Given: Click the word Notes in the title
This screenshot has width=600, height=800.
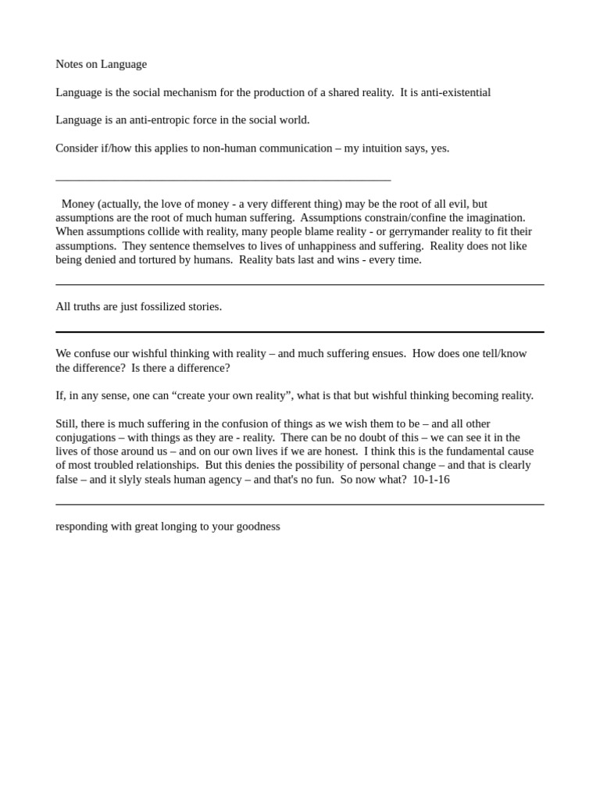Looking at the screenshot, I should coord(70,64).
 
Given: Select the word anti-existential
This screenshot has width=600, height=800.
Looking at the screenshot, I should coord(456,92).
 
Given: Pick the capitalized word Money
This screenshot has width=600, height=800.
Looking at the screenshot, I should coord(78,204).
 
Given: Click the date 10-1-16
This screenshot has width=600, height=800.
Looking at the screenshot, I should coord(431,479).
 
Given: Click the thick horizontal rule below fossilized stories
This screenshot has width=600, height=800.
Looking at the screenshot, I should coord(300,332).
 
